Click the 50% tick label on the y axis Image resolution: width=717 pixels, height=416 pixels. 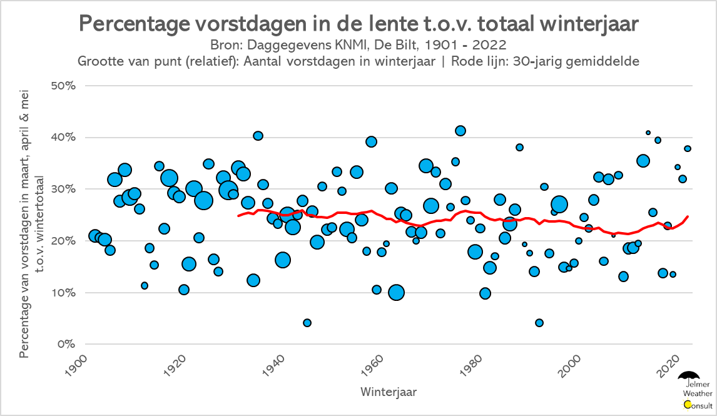tap(63, 86)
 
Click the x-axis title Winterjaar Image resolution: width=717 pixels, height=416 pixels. tap(389, 392)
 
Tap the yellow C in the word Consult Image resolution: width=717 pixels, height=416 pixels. tap(688, 405)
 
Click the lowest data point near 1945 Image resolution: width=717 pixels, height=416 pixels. tap(307, 323)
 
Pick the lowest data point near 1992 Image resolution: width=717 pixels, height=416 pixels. tap(539, 323)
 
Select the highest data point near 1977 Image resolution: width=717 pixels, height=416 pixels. tap(460, 131)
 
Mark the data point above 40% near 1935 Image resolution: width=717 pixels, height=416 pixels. tap(258, 136)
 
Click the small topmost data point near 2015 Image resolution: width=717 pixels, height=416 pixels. tap(648, 133)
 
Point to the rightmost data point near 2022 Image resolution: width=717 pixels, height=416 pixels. tap(688, 148)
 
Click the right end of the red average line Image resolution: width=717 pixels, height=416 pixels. tap(688, 216)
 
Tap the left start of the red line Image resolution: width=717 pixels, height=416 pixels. tap(238, 216)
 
